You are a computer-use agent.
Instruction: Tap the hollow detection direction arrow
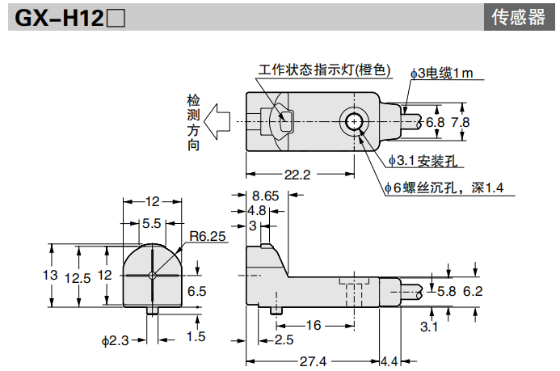217,123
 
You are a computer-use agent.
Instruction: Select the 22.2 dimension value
297,174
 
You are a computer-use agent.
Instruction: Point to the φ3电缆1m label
440,74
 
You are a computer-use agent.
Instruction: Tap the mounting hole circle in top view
353,122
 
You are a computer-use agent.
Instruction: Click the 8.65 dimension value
265,196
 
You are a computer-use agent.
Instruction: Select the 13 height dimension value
50,275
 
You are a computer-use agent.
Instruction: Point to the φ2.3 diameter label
116,340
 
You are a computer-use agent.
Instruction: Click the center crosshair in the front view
152,275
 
